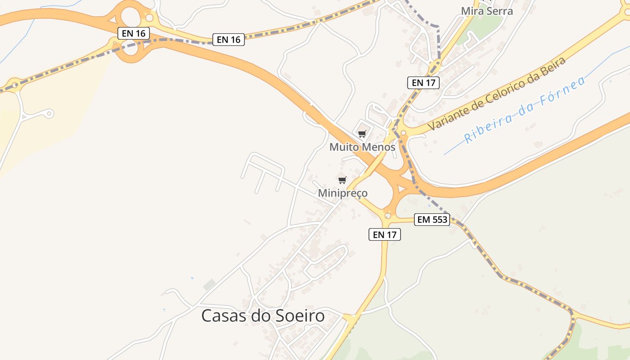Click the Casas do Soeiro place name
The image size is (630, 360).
263,316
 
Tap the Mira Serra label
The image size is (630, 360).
487,11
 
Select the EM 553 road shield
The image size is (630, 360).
432,220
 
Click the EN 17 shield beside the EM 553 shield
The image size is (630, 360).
385,234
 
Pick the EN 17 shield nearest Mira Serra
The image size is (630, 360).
423,83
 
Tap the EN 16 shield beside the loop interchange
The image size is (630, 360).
133,33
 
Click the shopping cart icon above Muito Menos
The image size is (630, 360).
362,134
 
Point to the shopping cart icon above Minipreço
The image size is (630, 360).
342,180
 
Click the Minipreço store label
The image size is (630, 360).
343,193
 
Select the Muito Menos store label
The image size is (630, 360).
362,147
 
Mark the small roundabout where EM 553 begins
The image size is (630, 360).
388,216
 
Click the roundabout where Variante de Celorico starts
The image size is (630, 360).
403,133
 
